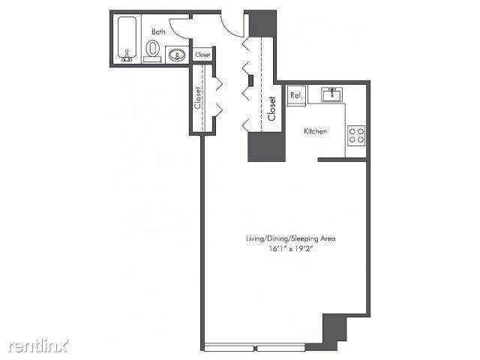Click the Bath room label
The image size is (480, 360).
[x=159, y=31]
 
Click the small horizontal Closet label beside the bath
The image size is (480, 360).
[x=203, y=55]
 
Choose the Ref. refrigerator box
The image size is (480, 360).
[x=296, y=95]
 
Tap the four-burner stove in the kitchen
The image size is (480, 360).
[x=356, y=136]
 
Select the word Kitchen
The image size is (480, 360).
[x=315, y=131]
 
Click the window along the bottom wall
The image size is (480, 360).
[x=255, y=347]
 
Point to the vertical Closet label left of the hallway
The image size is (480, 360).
[x=198, y=99]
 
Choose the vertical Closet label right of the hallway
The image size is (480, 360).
[x=271, y=109]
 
